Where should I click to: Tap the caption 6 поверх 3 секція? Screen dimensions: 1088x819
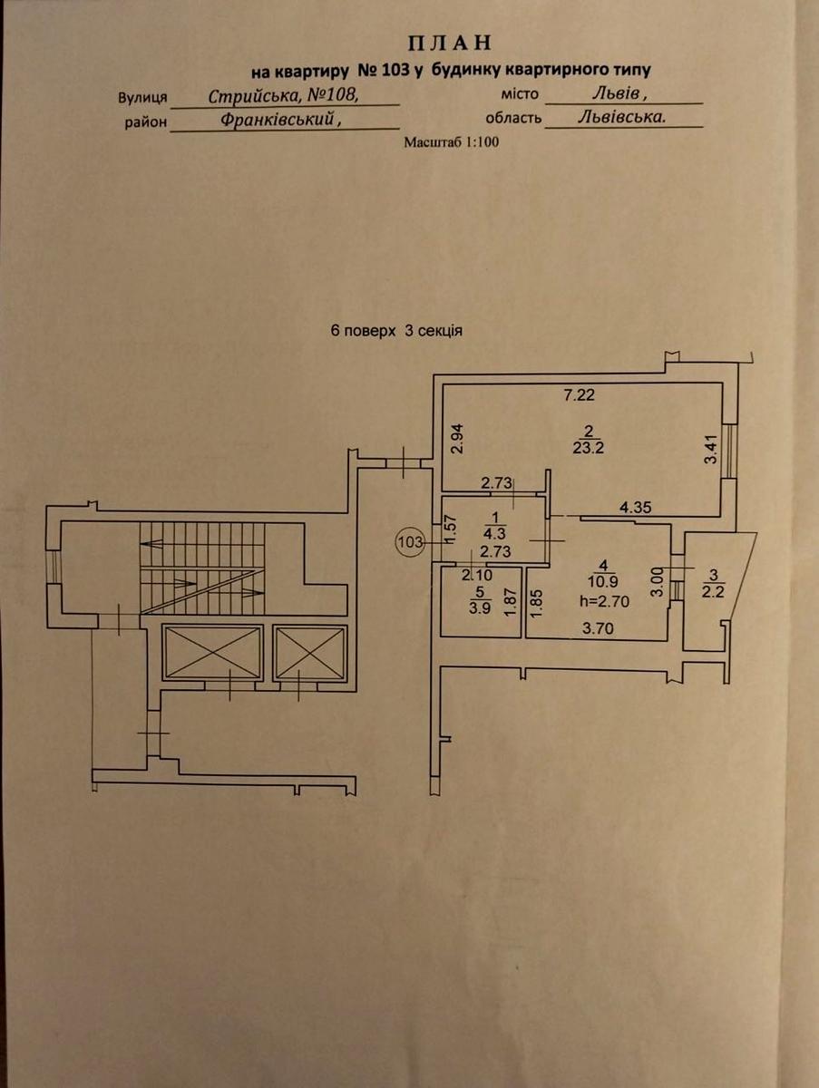[397, 331]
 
